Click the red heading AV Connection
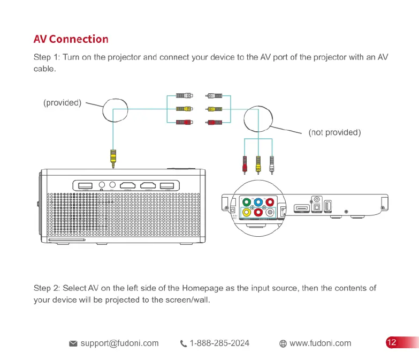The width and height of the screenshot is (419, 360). [71, 39]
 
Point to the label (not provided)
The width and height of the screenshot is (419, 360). [334, 132]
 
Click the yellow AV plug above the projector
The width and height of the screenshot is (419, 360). [113, 156]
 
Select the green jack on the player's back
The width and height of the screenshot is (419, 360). [246, 202]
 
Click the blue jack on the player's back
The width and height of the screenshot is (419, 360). [258, 202]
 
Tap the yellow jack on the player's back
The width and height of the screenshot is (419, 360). [246, 212]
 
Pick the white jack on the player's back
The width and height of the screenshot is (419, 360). [270, 212]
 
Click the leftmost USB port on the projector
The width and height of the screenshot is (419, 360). [86, 185]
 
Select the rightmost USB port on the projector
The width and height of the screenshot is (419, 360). [167, 185]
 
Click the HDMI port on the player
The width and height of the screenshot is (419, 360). [302, 207]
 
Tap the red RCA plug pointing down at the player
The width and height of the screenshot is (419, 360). [245, 163]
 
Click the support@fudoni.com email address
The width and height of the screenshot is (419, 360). [119, 343]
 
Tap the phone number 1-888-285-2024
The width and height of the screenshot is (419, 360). [219, 343]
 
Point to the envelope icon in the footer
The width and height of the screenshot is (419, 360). [73, 343]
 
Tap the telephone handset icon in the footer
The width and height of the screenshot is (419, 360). [184, 343]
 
